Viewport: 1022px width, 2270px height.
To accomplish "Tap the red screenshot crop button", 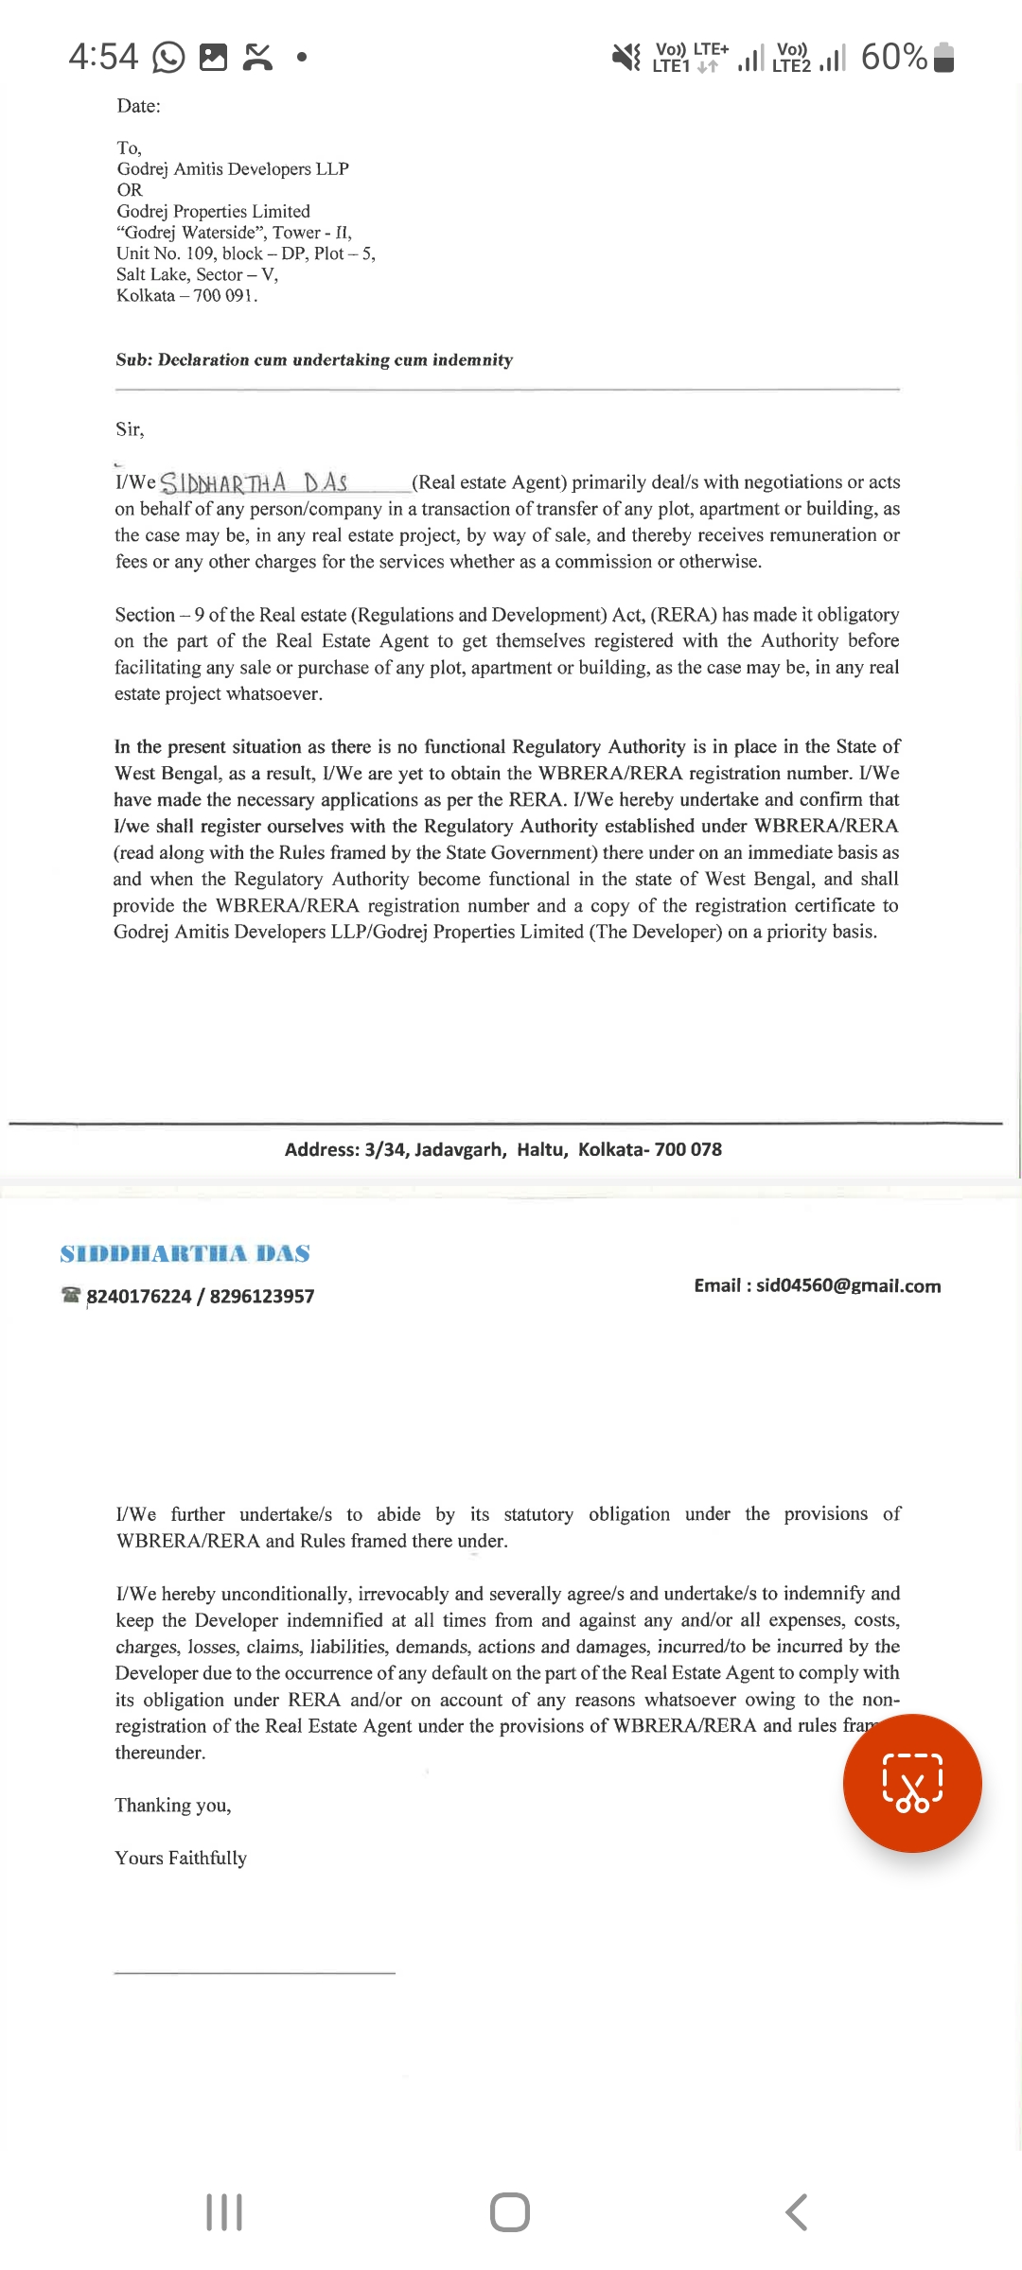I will coord(912,1783).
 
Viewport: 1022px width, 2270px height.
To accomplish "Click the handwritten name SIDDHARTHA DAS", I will coord(254,483).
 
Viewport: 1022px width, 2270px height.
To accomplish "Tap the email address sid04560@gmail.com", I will coord(848,1285).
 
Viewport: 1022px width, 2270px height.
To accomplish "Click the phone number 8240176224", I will coord(139,1296).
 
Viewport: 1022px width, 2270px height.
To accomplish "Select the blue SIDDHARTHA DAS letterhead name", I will coord(185,1253).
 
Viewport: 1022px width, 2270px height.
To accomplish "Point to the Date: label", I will coord(138,106).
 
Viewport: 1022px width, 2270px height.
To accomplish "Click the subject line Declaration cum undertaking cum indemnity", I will coord(335,360).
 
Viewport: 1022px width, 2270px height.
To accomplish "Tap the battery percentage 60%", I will coord(893,58).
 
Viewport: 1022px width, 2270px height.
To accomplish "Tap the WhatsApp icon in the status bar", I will coord(168,58).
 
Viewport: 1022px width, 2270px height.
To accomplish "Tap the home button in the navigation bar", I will coord(510,2212).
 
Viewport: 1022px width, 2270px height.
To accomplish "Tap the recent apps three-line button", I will coord(224,2212).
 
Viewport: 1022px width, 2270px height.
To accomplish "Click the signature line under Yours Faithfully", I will coord(254,1973).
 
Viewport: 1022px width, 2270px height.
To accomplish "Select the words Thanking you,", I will coord(173,1806).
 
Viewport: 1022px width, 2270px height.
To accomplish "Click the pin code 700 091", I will coord(225,296).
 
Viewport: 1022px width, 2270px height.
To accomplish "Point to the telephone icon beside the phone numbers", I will coord(71,1294).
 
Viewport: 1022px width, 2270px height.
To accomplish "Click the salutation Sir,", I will coord(130,429).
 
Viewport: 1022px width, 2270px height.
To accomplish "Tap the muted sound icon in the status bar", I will coord(626,58).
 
